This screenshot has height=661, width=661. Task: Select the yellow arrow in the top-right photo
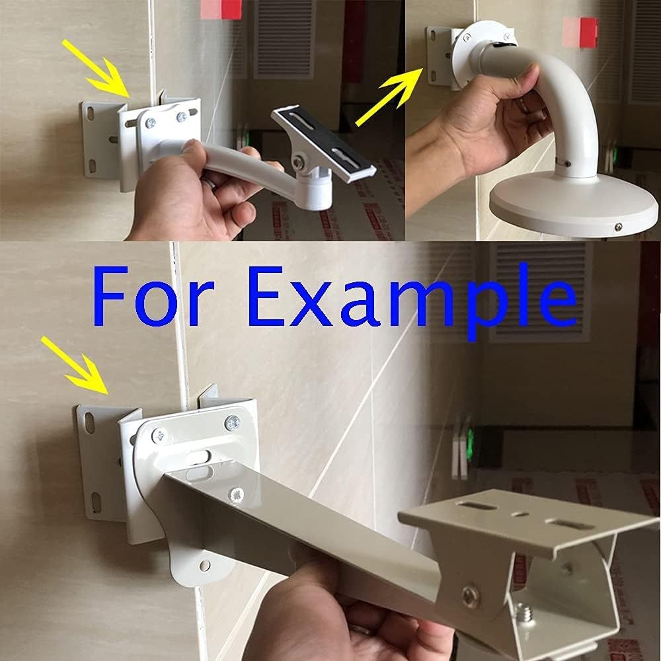coord(389,97)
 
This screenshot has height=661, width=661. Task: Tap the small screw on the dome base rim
coord(618,227)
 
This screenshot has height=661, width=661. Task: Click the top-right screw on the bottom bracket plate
coord(232,422)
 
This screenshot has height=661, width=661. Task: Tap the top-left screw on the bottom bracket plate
coord(159,436)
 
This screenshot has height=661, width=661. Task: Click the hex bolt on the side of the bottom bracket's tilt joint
coord(470,596)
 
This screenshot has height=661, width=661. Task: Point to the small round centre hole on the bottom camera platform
coord(520,514)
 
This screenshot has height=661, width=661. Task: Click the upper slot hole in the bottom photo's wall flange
coord(89,423)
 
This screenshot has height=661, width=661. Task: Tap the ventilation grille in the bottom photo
coord(541,292)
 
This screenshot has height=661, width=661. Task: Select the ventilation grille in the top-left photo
coord(284,40)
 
